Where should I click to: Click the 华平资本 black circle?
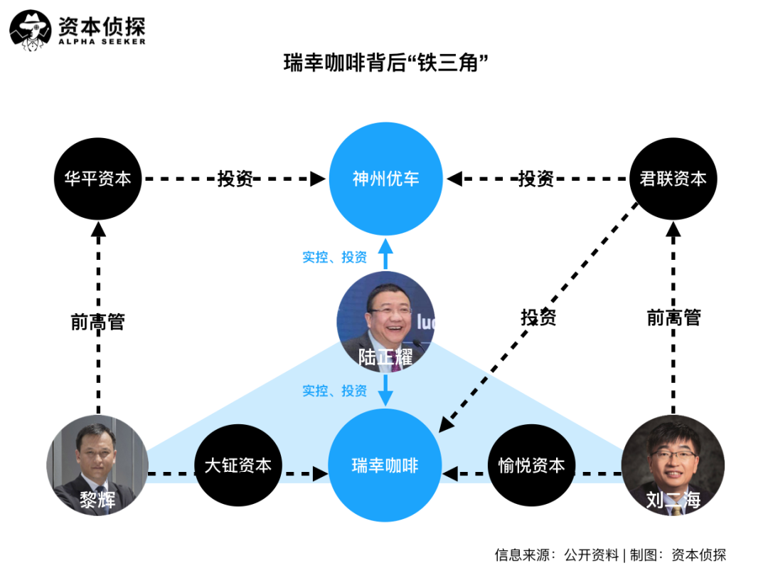(x=97, y=179)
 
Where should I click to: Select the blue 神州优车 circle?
(x=385, y=179)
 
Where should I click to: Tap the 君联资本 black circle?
(x=673, y=179)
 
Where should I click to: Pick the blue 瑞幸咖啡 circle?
(x=385, y=466)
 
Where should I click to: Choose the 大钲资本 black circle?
(x=238, y=466)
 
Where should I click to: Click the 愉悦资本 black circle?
(x=531, y=466)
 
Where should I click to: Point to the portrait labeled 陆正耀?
(x=385, y=322)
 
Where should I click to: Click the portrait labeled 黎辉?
(x=97, y=466)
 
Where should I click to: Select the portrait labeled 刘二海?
(x=673, y=466)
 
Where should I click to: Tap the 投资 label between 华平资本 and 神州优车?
(x=235, y=179)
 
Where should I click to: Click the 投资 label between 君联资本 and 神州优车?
(x=536, y=179)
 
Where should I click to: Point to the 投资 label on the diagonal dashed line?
(x=538, y=317)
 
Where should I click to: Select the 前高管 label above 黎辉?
(x=98, y=322)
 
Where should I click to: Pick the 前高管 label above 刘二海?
(x=673, y=317)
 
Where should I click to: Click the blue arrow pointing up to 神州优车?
(x=385, y=253)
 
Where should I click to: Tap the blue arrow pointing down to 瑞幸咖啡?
(x=385, y=390)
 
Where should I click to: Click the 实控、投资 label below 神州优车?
(x=334, y=257)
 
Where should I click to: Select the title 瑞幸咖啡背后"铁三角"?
(x=385, y=63)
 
